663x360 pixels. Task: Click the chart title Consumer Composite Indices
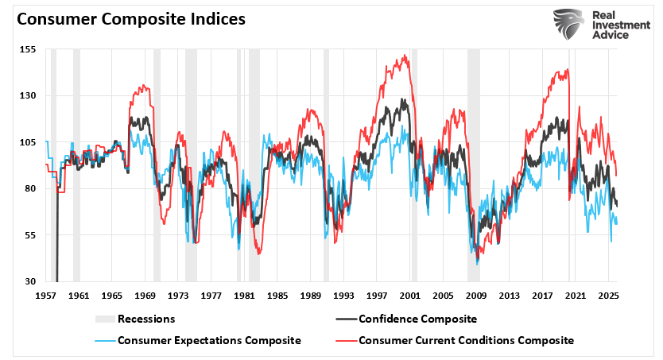[131, 19]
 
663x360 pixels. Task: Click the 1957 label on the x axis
[45, 295]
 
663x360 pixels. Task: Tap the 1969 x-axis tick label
[145, 295]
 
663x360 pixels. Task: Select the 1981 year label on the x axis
[244, 295]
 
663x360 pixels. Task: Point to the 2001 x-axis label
[410, 295]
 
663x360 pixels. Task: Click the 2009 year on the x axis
[476, 295]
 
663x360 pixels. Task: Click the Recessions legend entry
[145, 319]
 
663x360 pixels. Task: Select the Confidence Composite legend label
[417, 319]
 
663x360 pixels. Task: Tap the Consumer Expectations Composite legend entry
[209, 340]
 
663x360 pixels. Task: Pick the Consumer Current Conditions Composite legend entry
[466, 340]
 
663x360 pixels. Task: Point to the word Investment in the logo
[617, 26]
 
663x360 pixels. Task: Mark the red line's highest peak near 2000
[405, 56]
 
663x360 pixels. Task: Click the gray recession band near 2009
[473, 159]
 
